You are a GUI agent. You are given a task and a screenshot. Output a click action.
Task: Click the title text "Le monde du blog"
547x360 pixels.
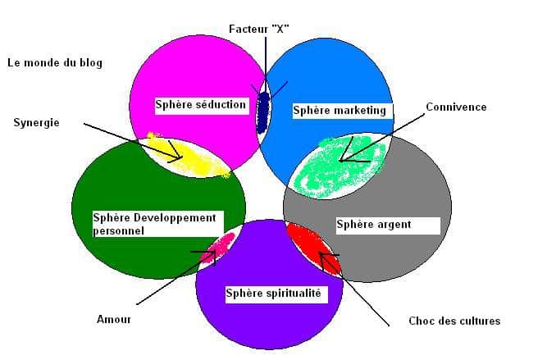pyautogui.click(x=55, y=63)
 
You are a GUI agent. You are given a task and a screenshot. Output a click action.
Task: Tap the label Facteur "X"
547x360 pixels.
pyautogui.click(x=259, y=29)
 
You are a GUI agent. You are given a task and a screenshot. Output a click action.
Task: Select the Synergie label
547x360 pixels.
pyautogui.click(x=36, y=123)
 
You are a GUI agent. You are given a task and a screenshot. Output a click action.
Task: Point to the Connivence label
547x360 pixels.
pyautogui.click(x=456, y=107)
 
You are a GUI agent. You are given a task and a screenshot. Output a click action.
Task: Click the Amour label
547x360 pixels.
pyautogui.click(x=114, y=319)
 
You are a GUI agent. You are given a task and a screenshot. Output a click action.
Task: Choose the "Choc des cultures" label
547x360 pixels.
pyautogui.click(x=454, y=321)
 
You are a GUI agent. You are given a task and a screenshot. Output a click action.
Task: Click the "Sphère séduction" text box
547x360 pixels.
pyautogui.click(x=202, y=106)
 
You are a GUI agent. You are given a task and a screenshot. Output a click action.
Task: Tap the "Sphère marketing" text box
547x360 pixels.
pyautogui.click(x=342, y=111)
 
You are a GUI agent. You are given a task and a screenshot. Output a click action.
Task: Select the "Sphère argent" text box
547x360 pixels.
pyautogui.click(x=388, y=226)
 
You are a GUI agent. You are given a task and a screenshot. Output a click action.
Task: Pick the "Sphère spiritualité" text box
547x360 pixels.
pyautogui.click(x=276, y=294)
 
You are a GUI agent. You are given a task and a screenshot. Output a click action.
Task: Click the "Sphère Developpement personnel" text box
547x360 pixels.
pyautogui.click(x=158, y=224)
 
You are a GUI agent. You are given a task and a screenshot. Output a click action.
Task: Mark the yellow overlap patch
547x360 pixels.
pyautogui.click(x=189, y=155)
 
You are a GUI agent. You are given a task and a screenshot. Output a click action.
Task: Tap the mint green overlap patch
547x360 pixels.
pyautogui.click(x=340, y=166)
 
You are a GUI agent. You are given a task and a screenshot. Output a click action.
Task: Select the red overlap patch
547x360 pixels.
pyautogui.click(x=313, y=247)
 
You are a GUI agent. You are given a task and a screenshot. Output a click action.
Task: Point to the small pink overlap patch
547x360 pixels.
pyautogui.click(x=218, y=248)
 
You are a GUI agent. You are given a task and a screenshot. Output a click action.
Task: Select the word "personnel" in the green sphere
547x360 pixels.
pyautogui.click(x=119, y=231)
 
